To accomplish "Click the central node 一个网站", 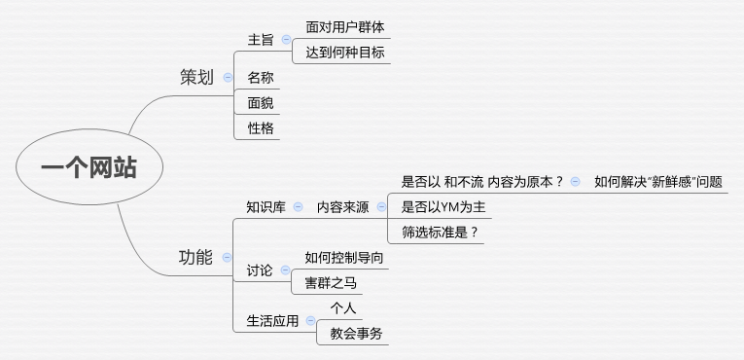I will click(89, 167).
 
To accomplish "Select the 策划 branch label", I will click(196, 77).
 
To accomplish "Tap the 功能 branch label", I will click(195, 257).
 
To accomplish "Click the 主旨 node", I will click(261, 40).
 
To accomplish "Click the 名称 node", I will click(261, 77).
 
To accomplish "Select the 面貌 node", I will click(261, 102).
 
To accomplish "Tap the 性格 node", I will click(261, 127).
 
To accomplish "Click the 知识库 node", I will click(266, 206).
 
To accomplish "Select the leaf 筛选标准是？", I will click(441, 232).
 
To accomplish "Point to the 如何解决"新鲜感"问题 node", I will click(658, 181).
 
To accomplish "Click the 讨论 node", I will click(260, 270).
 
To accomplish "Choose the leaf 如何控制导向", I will click(344, 257).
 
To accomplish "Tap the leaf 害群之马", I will click(331, 282).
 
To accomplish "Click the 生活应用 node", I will click(272, 320).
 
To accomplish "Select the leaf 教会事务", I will click(356, 334).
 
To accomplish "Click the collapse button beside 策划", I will click(228, 77).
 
